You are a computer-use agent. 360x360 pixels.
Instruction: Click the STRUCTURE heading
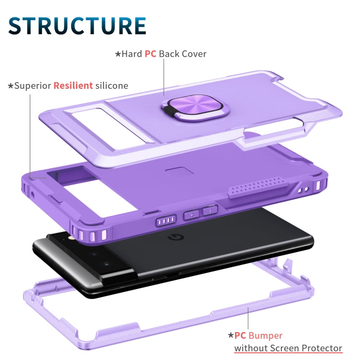coord(77,25)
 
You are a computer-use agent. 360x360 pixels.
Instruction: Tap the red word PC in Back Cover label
coord(150,54)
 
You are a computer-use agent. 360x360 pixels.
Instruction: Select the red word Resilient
coord(73,85)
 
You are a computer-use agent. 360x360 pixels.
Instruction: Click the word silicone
coord(112,85)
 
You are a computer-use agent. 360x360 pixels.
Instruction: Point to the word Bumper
coord(265,336)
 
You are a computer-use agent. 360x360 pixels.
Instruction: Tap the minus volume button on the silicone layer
coord(210,210)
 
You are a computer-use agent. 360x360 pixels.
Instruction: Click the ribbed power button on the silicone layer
coord(166,221)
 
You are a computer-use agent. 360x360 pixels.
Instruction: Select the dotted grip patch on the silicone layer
coord(258,187)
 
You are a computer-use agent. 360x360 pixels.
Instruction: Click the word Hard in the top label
coord(132,54)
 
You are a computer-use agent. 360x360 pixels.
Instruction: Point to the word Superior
coord(33,85)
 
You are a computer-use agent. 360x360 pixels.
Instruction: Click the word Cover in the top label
coord(195,54)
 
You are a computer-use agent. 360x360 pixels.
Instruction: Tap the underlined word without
coord(251,348)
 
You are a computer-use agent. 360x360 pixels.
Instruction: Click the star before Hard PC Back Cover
coord(118,54)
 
